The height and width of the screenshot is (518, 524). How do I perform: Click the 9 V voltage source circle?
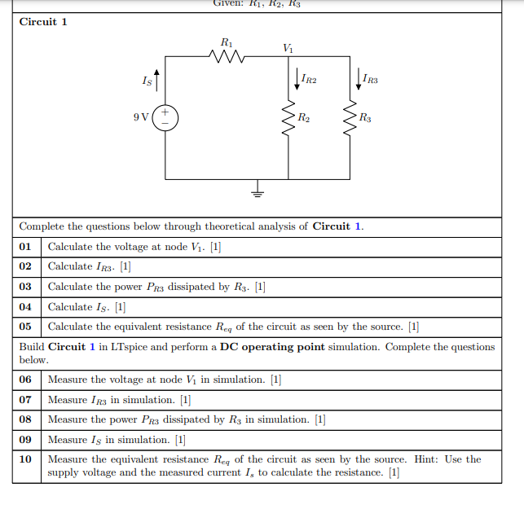[165, 116]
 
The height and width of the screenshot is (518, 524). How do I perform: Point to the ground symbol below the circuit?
[258, 192]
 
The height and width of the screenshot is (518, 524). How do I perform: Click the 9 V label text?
[141, 116]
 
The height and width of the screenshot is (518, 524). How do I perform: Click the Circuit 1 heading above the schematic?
[43, 21]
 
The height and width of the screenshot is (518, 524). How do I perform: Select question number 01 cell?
[26, 246]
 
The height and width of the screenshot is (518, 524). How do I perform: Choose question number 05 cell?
[26, 327]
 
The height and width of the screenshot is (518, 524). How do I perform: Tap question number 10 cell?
[26, 459]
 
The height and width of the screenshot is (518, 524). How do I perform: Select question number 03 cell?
[26, 287]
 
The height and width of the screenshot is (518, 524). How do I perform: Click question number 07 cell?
[26, 400]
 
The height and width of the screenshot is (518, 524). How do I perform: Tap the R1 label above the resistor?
[227, 41]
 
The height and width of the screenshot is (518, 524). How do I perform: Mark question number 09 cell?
[26, 440]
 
